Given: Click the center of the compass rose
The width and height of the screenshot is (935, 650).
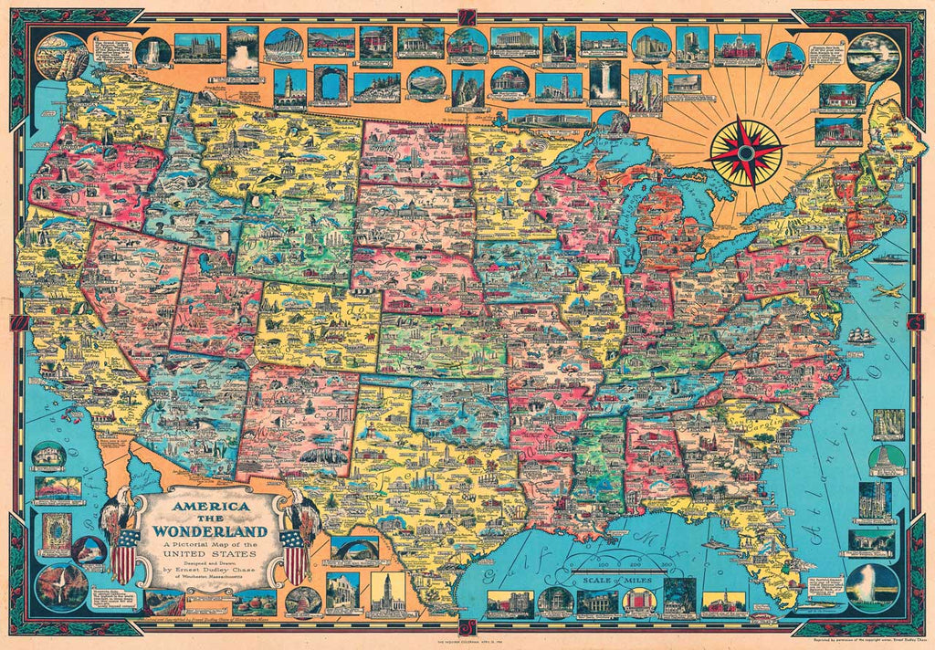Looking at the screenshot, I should click(747, 152).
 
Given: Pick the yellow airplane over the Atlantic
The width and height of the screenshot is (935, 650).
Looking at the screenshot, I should click(888, 291).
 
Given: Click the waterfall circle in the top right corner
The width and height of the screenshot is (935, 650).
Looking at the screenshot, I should click(873, 57).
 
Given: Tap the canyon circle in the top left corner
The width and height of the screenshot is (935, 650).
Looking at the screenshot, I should click(62, 57).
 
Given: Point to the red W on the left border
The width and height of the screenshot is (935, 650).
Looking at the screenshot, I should click(17, 322).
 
